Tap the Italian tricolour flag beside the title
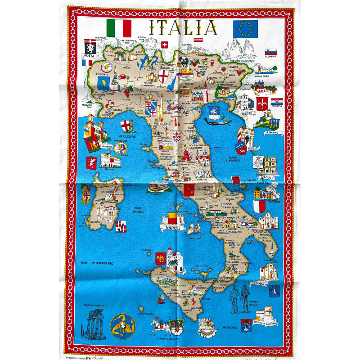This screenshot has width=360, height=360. (x=119, y=28)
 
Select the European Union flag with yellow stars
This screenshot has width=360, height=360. (x=245, y=28)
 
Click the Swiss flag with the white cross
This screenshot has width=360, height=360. (x=164, y=45)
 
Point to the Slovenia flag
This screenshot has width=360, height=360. (x=271, y=52)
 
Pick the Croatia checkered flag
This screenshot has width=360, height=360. (x=276, y=102)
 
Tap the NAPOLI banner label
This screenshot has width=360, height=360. (x=173, y=228)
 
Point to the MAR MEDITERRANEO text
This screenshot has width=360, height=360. (x=96, y=263)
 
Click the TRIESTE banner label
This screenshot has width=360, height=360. (x=246, y=114)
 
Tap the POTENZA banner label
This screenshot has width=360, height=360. (x=261, y=283)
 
